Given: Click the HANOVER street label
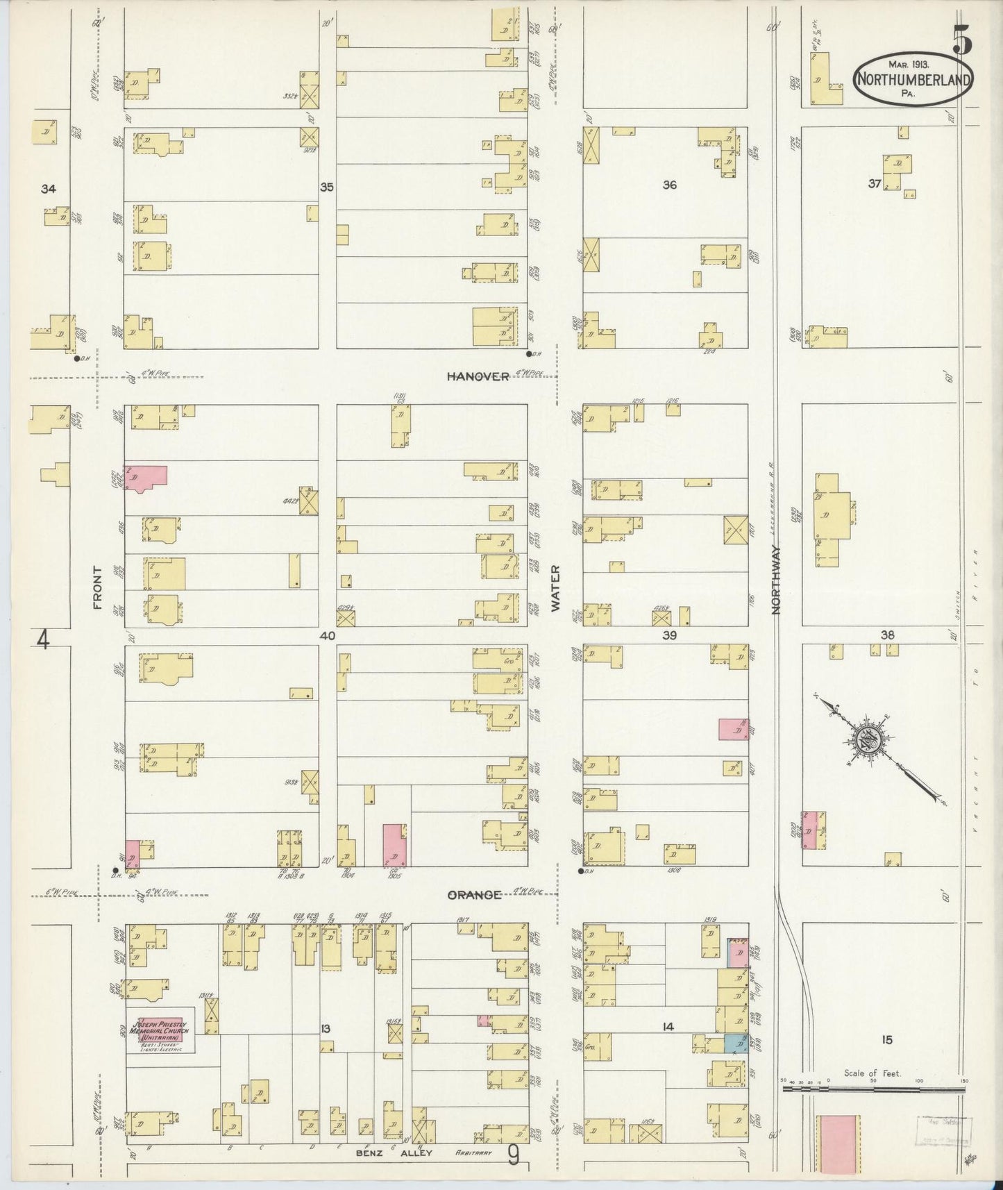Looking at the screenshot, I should click(478, 376).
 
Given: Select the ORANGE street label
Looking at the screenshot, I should click(474, 895).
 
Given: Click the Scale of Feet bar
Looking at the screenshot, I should click(873, 1089).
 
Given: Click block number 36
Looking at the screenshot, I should click(669, 185).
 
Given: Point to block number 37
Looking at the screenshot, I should click(874, 184).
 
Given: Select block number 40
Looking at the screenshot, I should click(328, 635).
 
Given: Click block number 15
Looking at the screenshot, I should click(886, 1039).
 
